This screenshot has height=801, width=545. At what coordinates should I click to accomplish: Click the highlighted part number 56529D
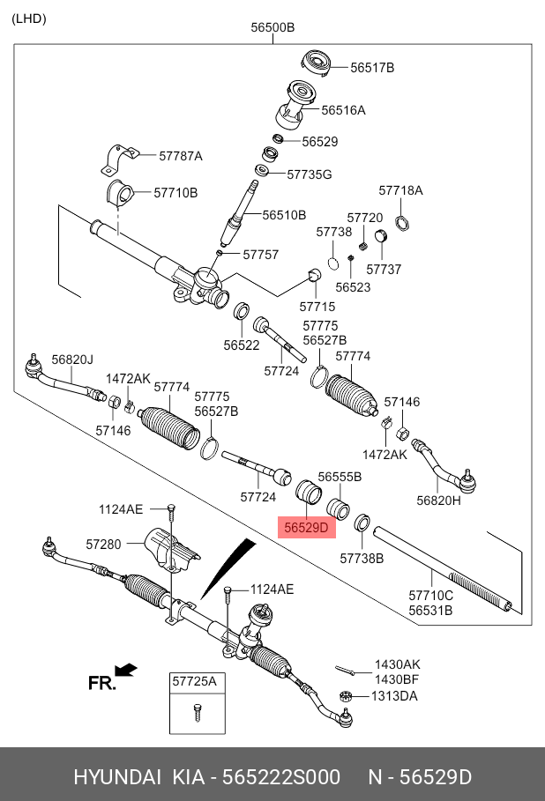pyautogui.click(x=306, y=528)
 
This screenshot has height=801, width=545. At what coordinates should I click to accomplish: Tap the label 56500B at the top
pyautogui.click(x=272, y=27)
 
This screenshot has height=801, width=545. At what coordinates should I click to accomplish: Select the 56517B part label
pyautogui.click(x=372, y=68)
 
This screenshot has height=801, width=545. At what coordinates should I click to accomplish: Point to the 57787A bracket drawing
pyautogui.click(x=120, y=159)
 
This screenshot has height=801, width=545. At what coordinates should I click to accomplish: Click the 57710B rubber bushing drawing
pyautogui.click(x=120, y=193)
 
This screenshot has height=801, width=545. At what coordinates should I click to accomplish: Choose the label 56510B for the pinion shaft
pyautogui.click(x=284, y=215)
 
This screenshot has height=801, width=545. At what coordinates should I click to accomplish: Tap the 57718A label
pyautogui.click(x=401, y=190)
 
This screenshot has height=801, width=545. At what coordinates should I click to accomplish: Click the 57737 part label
pyautogui.click(x=384, y=270)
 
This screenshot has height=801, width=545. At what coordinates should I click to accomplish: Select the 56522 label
pyautogui.click(x=242, y=345)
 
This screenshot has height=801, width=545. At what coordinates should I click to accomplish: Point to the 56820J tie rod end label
pyautogui.click(x=72, y=360)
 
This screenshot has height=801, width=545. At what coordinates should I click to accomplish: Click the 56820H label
pyautogui.click(x=438, y=501)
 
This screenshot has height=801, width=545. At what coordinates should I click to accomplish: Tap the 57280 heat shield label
pyautogui.click(x=103, y=545)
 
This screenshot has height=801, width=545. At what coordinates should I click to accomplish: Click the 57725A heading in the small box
pyautogui.click(x=194, y=681)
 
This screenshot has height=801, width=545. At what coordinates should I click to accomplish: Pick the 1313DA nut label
pyautogui.click(x=394, y=696)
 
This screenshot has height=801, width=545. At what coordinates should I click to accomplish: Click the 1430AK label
pyautogui.click(x=397, y=664)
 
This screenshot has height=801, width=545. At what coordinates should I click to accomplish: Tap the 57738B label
pyautogui.click(x=362, y=559)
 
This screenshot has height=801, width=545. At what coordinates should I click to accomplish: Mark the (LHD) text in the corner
pyautogui.click(x=29, y=19)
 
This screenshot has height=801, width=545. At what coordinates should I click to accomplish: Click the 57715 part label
pyautogui.click(x=317, y=307)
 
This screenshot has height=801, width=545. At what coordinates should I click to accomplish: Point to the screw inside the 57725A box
pyautogui.click(x=198, y=712)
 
